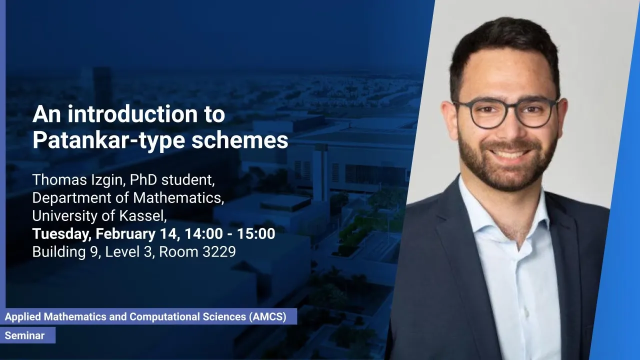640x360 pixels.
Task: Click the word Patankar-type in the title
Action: [109, 140]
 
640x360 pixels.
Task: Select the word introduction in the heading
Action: [132, 114]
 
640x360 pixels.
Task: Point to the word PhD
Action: [143, 179]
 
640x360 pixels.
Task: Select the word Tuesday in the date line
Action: [61, 234]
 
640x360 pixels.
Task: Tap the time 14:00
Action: [203, 233]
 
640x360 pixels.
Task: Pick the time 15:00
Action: [256, 233]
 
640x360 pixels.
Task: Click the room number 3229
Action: [219, 251]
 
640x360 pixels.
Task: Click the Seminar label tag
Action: [27, 335]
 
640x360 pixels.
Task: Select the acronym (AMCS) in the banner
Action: [267, 316]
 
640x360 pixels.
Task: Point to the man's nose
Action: [509, 130]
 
